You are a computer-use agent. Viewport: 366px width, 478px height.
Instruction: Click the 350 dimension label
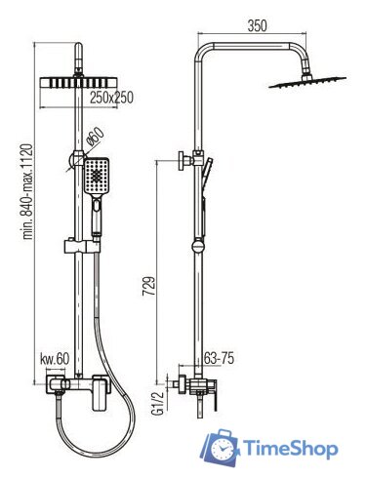click(257, 25)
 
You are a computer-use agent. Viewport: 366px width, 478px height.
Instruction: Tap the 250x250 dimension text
click(111, 98)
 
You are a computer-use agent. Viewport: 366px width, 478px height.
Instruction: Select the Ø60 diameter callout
click(96, 137)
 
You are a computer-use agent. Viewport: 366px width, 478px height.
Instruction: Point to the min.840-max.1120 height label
click(27, 191)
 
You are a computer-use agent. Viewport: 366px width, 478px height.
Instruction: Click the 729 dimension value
click(148, 286)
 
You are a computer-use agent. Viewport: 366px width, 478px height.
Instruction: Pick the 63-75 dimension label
click(219, 359)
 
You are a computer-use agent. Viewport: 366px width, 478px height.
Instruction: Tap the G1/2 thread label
click(158, 403)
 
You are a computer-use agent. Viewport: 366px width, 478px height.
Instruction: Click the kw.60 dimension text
click(55, 359)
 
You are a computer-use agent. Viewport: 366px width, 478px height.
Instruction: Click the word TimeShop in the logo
click(291, 449)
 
